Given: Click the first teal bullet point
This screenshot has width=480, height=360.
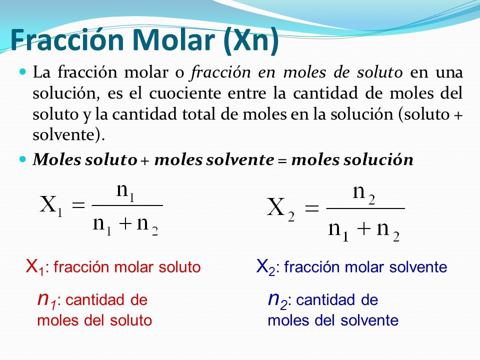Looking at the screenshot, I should [x=21, y=73].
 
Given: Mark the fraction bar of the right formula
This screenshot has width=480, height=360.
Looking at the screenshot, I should [x=365, y=208].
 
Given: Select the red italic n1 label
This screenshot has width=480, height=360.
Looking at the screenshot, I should [x=47, y=300].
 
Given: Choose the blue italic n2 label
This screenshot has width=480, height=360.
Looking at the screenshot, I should [x=278, y=300].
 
